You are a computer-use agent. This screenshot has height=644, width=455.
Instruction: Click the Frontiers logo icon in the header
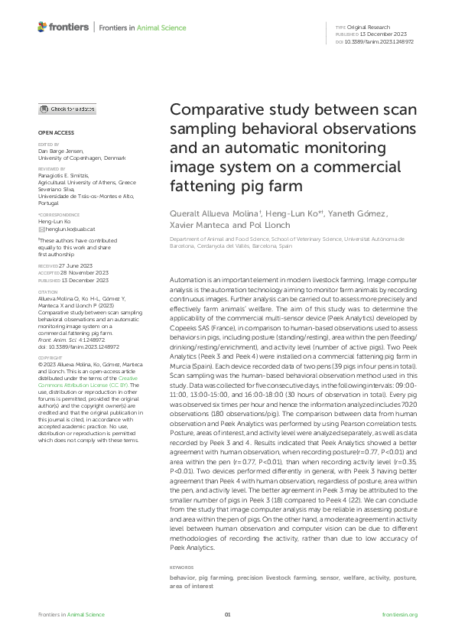click(42, 28)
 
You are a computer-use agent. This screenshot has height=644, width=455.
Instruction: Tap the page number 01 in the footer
click(227, 614)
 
